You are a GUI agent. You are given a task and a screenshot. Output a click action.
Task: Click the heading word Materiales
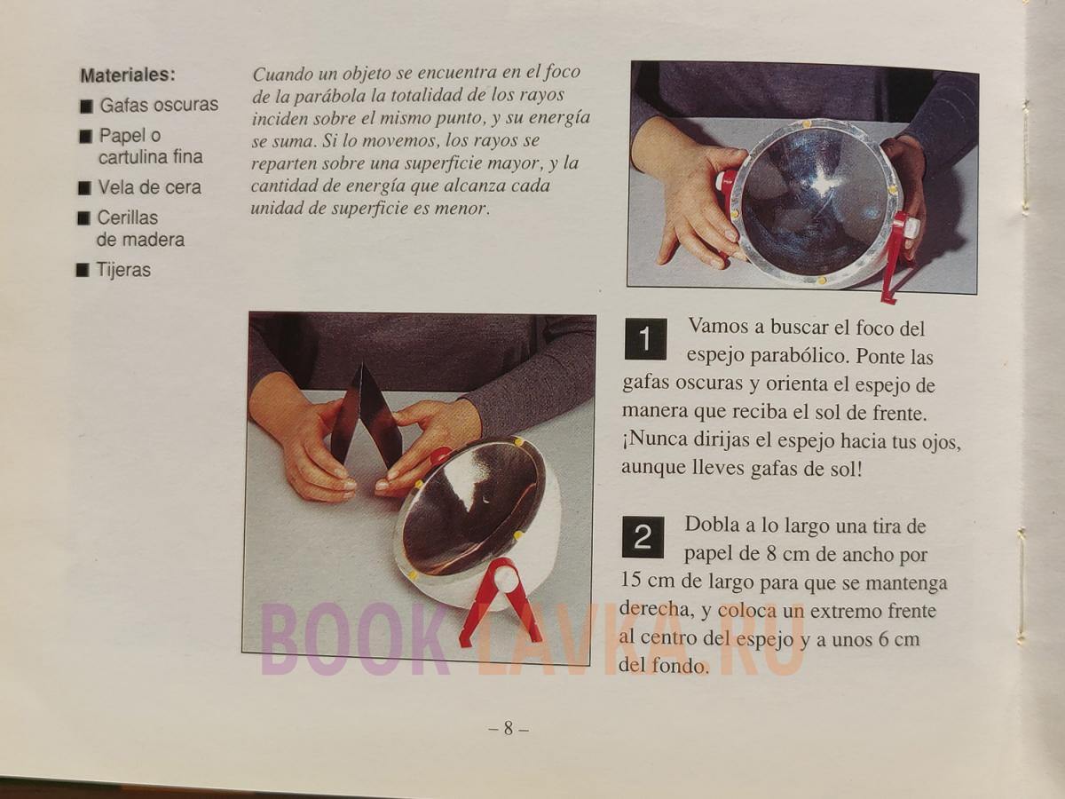(x=128, y=75)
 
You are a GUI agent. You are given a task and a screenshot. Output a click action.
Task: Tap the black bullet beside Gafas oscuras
(x=86, y=107)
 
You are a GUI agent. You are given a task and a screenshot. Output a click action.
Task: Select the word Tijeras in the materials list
(x=123, y=270)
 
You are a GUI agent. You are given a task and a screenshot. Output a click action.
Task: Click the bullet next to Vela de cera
(x=85, y=188)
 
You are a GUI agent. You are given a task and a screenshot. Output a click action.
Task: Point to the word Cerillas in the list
(x=128, y=218)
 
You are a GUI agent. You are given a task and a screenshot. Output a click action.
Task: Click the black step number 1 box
(x=645, y=339)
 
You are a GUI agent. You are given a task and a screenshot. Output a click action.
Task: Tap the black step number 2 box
(x=643, y=537)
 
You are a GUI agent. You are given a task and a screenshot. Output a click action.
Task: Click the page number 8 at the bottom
(x=508, y=728)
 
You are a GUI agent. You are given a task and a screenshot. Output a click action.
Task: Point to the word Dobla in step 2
(x=712, y=525)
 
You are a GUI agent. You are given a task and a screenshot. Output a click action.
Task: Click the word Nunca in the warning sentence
(x=659, y=439)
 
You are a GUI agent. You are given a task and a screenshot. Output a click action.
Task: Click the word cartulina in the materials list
(x=132, y=157)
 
